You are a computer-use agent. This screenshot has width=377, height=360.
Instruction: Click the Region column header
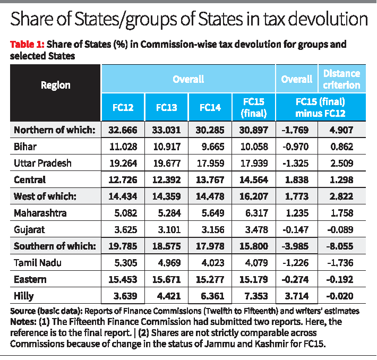pos(55,85)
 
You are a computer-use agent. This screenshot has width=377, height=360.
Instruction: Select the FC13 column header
pos(166,107)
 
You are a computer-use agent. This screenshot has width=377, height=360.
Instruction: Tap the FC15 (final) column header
pos(253,107)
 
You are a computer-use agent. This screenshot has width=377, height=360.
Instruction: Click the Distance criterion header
pos(341,79)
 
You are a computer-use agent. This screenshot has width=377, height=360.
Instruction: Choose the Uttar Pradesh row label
pos(42,163)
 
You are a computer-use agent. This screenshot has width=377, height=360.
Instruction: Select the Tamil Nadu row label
pos(36,262)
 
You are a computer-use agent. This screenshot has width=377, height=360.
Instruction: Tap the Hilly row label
pos(24,295)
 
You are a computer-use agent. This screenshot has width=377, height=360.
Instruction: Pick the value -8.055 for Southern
pos(341,246)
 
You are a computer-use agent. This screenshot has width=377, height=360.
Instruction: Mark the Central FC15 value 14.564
pos(253,179)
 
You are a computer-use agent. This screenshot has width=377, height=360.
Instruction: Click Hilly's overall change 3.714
pos(297,295)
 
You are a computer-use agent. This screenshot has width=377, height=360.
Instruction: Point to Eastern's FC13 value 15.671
pos(166,279)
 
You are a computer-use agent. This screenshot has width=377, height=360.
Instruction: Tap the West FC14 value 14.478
pos(210,196)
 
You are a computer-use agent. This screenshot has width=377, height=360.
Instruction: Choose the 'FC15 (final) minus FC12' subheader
pos(319,107)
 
